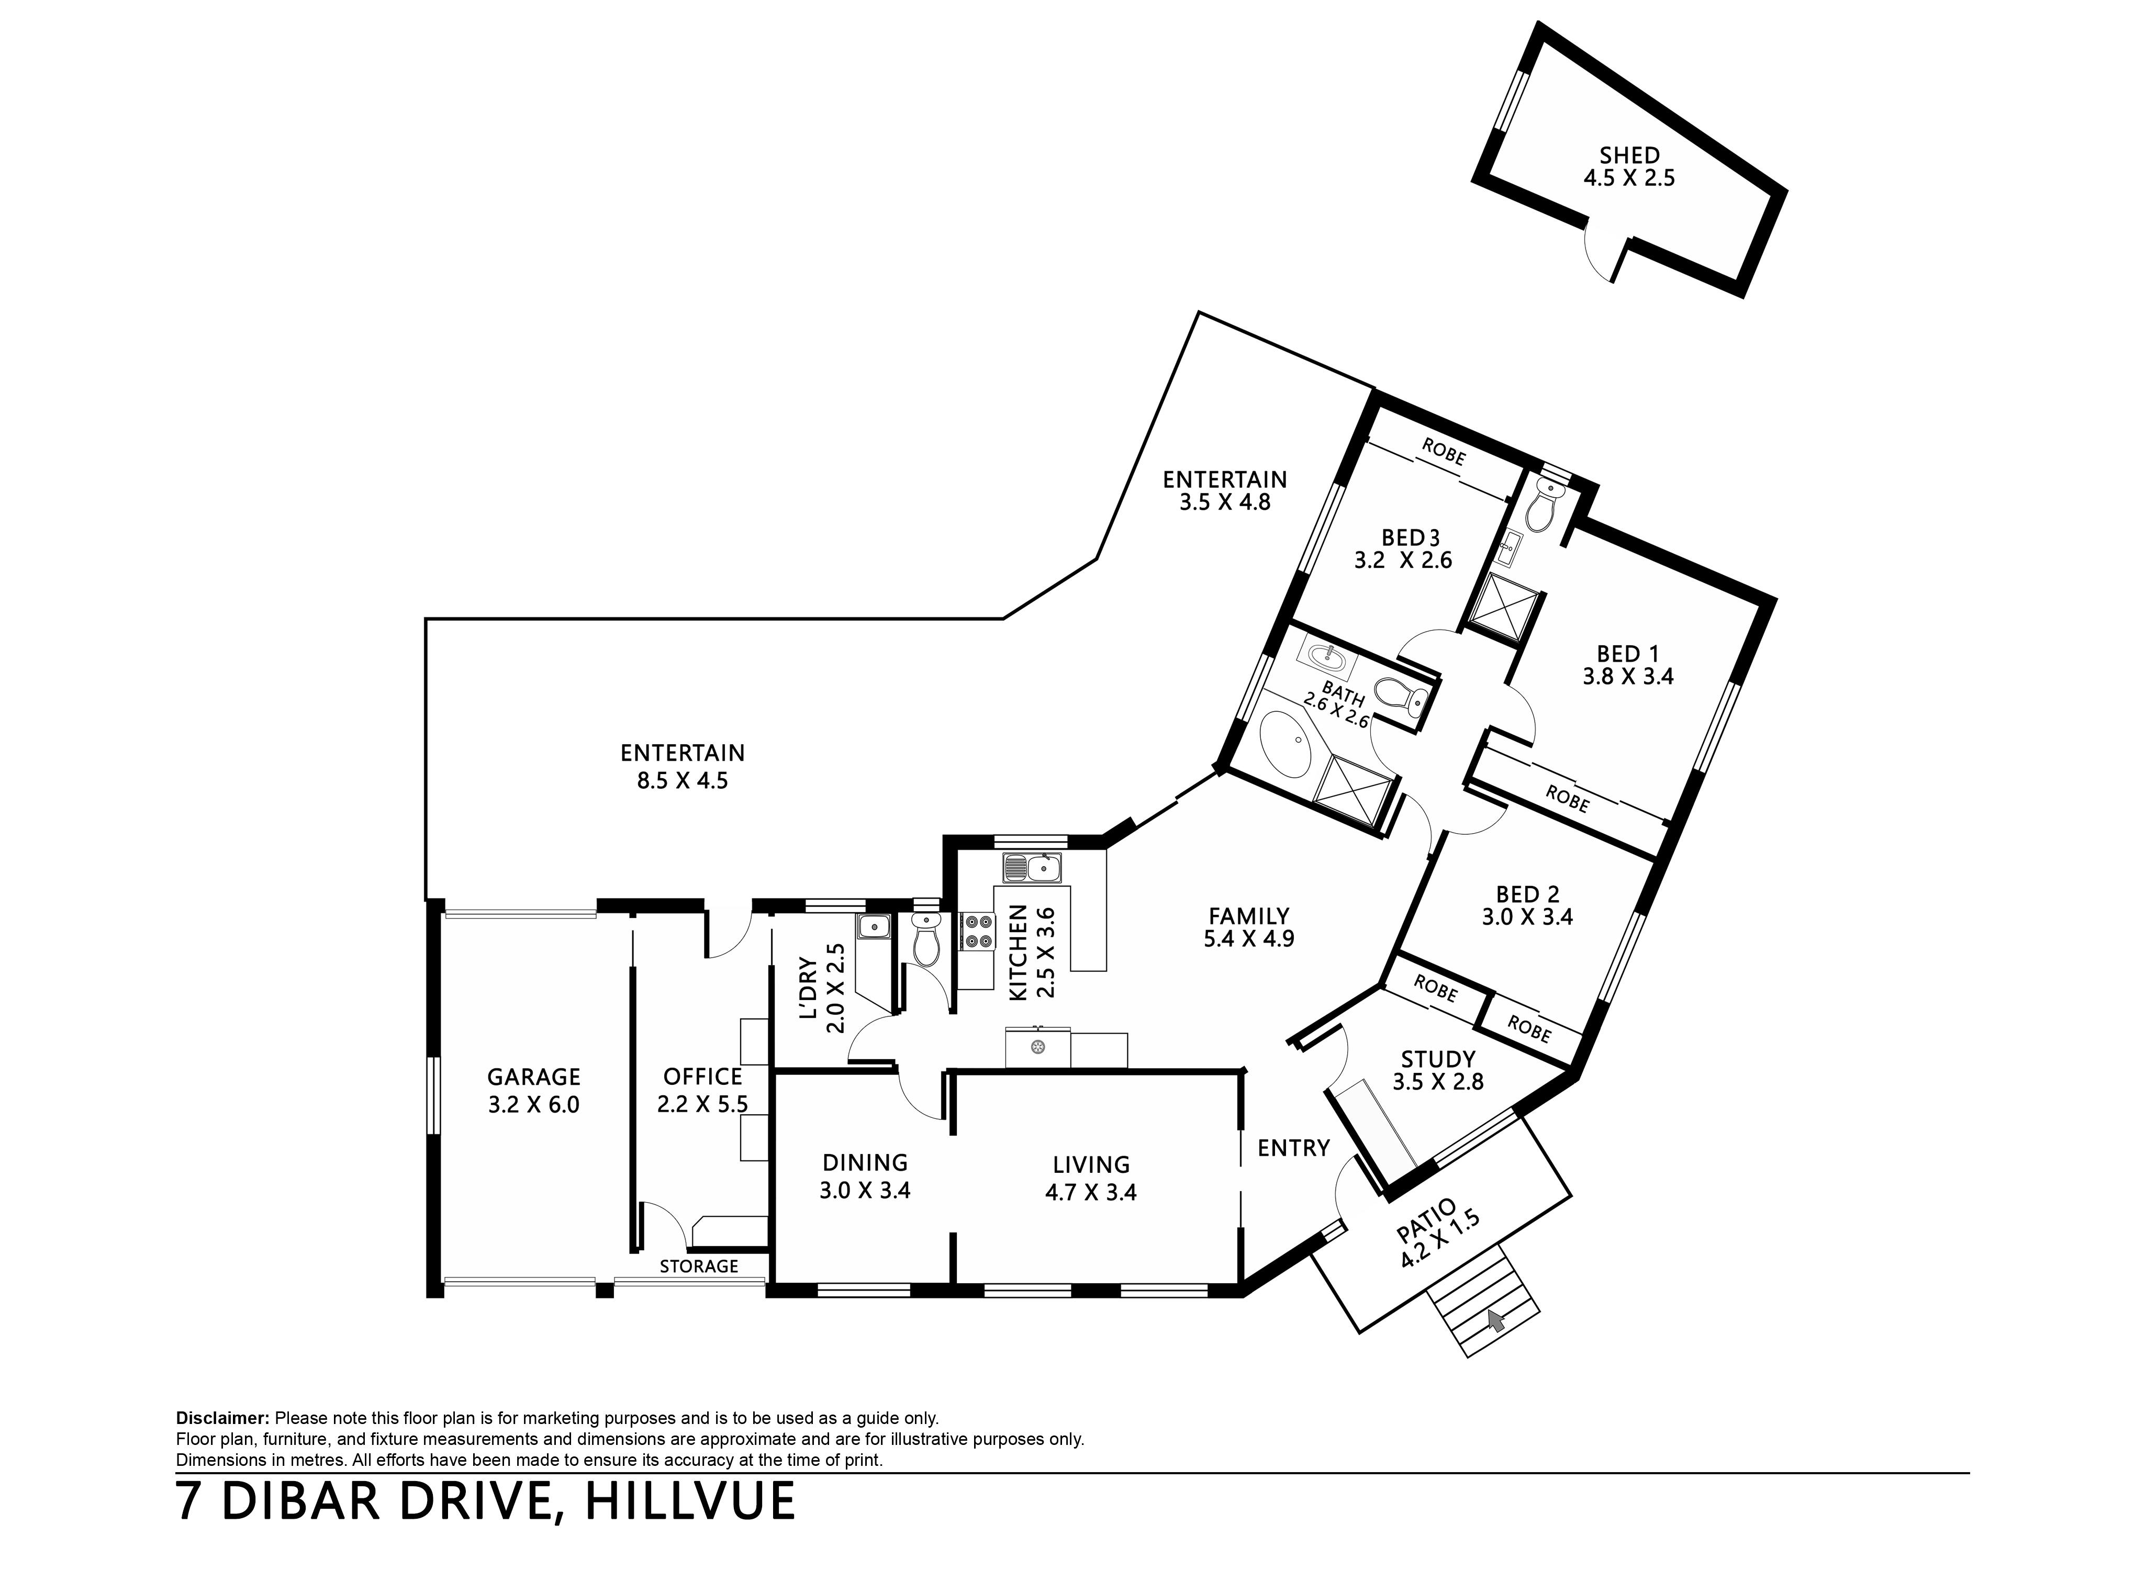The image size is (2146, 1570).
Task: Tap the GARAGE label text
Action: click(x=533, y=1077)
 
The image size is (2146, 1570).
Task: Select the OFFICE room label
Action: click(x=702, y=1077)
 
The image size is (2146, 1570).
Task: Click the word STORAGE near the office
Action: click(x=699, y=1266)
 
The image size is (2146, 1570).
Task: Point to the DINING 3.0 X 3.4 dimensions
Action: click(x=865, y=1191)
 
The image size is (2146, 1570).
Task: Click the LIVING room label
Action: click(x=1091, y=1164)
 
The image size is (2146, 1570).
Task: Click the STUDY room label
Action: click(x=1438, y=1059)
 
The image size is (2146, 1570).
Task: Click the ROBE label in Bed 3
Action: click(x=1444, y=452)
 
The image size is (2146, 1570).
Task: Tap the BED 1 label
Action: click(x=1628, y=654)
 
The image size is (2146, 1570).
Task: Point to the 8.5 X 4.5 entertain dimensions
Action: click(x=683, y=781)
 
